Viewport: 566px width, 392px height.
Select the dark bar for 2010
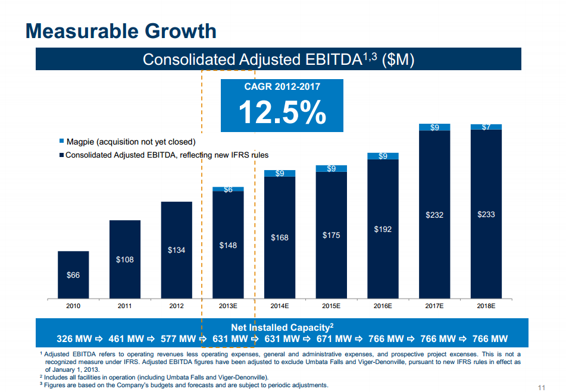[x=73, y=274]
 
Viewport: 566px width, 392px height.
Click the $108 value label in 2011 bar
[x=124, y=259]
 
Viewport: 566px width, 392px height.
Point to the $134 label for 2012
[x=176, y=250]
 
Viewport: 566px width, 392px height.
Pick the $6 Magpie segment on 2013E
[x=228, y=190]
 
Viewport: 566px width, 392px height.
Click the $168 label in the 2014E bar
[x=280, y=237]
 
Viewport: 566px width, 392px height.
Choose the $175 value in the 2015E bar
[x=331, y=235]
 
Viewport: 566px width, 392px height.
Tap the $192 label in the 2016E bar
[x=383, y=229]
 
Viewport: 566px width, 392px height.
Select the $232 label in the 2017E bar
[x=434, y=215]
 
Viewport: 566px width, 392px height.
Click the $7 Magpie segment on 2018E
[x=486, y=127]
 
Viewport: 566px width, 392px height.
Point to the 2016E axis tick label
[x=383, y=306]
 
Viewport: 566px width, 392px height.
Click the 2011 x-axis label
[x=124, y=306]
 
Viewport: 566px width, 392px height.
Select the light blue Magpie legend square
[x=61, y=142]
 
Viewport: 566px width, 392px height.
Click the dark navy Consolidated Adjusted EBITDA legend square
[x=61, y=155]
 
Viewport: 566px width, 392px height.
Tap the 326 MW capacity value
[x=74, y=339]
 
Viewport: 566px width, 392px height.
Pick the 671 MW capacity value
[x=334, y=339]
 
